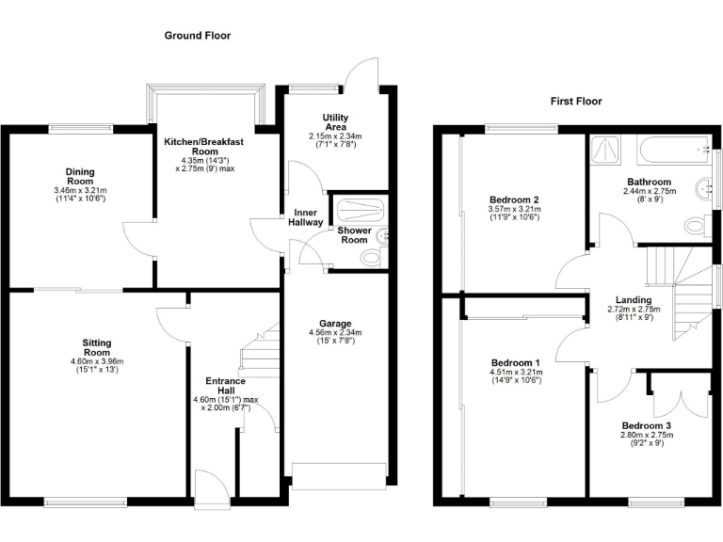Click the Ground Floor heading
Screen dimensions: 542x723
pos(198,36)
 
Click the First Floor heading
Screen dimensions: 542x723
pos(575,102)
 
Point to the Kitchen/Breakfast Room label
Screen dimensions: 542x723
pos(204,147)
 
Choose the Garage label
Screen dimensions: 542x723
pos(335,323)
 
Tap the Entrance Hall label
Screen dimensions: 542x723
pos(225,387)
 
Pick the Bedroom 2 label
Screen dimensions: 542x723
pos(514,199)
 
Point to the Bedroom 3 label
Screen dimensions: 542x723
pos(647,426)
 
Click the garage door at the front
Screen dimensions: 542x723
pos(338,475)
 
